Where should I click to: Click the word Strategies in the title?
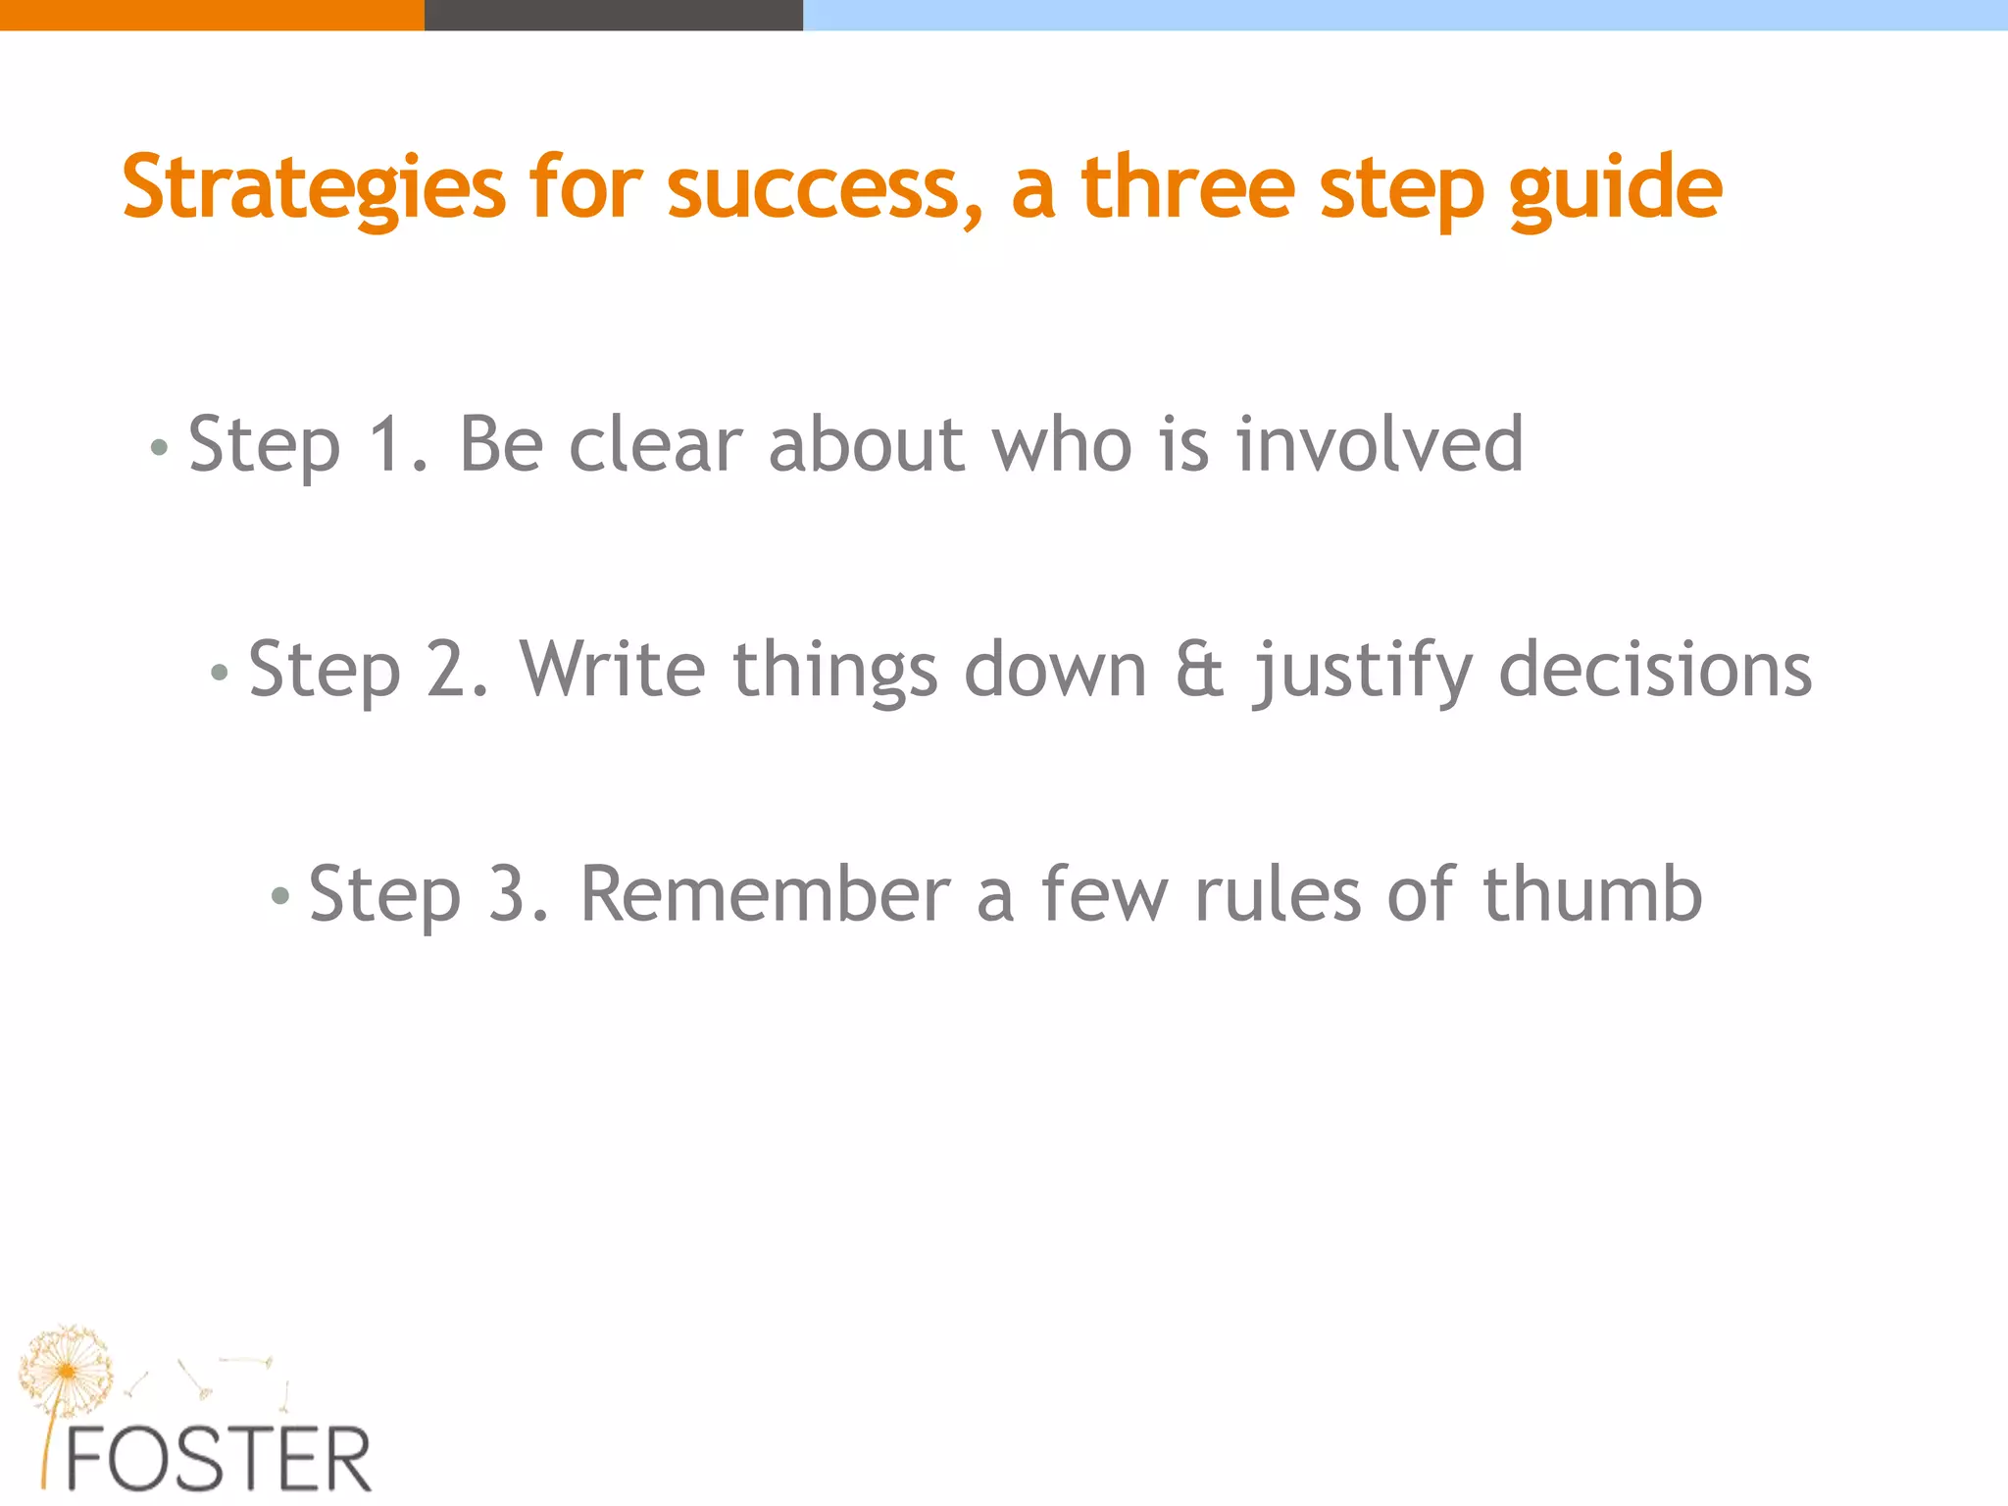point(314,188)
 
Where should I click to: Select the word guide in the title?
point(1615,188)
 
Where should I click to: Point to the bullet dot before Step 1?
point(159,449)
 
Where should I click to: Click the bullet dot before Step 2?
point(220,674)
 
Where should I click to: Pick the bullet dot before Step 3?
point(280,896)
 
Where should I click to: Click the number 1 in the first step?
point(386,445)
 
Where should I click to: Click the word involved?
point(1380,445)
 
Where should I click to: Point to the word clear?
point(655,445)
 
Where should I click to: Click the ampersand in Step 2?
point(1200,670)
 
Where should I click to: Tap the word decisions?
point(1655,670)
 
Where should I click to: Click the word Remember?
point(766,894)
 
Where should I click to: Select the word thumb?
point(1592,894)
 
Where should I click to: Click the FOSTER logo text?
point(218,1460)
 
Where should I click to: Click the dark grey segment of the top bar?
point(613,15)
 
